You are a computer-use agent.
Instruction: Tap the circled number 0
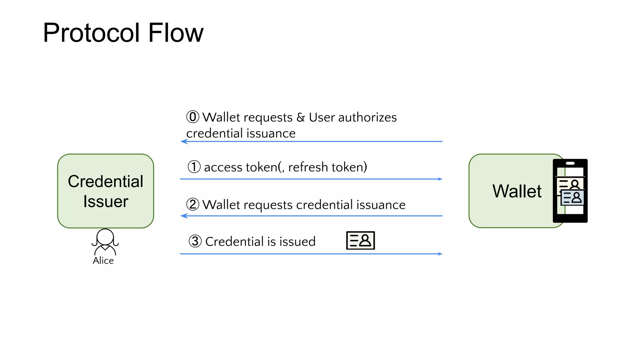[x=192, y=117]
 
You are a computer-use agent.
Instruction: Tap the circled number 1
[x=194, y=167]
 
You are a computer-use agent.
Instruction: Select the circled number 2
[x=192, y=204]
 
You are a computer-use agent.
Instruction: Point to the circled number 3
[x=195, y=241]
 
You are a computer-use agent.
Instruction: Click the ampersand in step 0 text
[x=301, y=117]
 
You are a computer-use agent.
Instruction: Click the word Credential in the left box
[x=106, y=181]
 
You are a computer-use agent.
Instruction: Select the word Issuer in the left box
[x=106, y=201]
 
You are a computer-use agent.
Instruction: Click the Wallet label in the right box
[x=517, y=191]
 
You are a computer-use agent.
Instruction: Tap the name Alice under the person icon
[x=103, y=261]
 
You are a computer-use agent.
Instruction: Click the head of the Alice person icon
[x=105, y=237]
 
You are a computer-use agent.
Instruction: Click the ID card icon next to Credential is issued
[x=360, y=241]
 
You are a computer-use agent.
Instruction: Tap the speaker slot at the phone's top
[x=570, y=163]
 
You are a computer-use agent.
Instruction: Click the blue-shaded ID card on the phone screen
[x=572, y=198]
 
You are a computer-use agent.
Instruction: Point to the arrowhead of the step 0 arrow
[x=184, y=142]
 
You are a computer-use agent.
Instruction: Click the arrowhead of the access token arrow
[x=440, y=179]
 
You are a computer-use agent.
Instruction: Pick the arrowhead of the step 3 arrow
[x=440, y=254]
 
